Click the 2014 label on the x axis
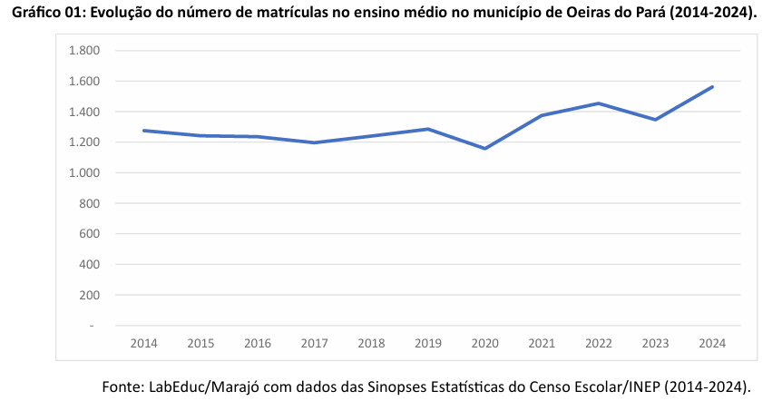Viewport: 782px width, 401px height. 143,344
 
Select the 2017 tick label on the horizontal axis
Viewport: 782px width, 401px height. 314,344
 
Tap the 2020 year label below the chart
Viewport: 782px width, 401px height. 485,344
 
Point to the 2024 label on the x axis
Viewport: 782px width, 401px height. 713,344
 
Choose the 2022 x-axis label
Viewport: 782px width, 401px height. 599,344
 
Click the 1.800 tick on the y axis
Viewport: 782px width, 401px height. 83,51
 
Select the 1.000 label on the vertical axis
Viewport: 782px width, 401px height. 83,172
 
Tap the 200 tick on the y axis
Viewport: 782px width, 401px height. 88,295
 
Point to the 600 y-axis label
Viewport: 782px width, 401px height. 88,234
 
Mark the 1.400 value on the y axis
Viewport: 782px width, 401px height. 83,112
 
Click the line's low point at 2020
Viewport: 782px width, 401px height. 485,148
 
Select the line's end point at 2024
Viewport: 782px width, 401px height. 713,87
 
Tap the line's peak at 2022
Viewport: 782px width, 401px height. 599,103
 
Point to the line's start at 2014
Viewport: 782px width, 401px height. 143,131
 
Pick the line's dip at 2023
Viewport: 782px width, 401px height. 656,120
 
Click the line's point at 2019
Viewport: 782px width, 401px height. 428,129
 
